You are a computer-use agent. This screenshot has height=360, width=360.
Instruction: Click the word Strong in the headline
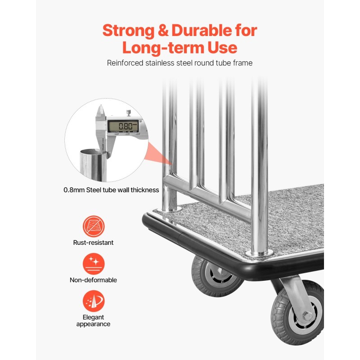click(x=128, y=31)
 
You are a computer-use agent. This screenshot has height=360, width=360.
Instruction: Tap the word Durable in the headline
click(x=202, y=30)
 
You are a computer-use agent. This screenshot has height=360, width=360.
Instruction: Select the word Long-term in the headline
click(x=163, y=48)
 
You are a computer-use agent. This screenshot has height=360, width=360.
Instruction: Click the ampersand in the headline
click(x=163, y=31)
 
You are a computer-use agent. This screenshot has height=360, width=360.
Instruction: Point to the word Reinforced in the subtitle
click(x=125, y=63)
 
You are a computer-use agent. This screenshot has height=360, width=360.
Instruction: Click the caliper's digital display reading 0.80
click(x=123, y=126)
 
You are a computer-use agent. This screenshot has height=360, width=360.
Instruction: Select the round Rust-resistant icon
click(x=94, y=226)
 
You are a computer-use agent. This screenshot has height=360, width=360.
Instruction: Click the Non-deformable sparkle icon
click(x=94, y=264)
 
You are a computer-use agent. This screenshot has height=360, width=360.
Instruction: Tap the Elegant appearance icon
click(x=94, y=301)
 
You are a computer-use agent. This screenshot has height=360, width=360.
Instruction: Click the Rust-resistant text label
click(x=93, y=243)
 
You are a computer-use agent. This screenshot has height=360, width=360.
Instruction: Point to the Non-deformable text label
click(x=93, y=280)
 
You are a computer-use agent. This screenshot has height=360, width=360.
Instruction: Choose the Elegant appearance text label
click(x=93, y=320)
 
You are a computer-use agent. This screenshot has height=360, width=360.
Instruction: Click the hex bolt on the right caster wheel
click(x=307, y=316)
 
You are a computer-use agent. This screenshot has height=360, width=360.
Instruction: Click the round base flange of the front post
click(x=260, y=254)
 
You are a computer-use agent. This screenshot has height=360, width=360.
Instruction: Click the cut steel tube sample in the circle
click(x=93, y=165)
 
